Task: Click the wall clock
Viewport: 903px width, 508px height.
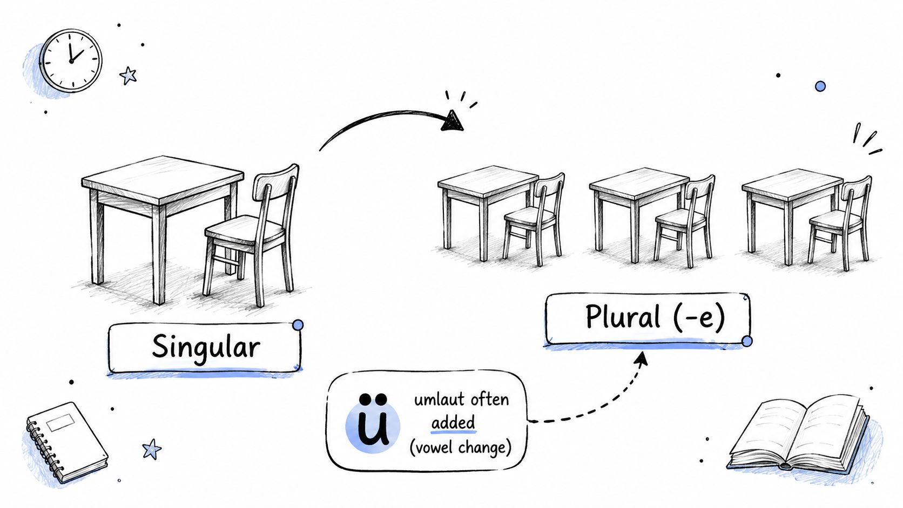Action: click(71, 60)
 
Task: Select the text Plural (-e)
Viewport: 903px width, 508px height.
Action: click(655, 317)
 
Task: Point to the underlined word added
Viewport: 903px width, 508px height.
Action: click(453, 423)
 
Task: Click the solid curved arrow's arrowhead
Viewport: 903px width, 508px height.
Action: click(452, 121)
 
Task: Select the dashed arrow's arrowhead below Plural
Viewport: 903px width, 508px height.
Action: click(642, 358)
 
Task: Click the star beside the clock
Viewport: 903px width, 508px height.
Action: click(128, 76)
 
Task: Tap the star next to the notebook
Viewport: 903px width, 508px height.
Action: click(152, 449)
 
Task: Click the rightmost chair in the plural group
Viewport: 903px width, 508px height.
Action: click(840, 223)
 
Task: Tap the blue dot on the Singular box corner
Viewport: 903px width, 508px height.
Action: click(298, 325)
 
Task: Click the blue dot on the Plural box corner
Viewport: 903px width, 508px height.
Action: click(747, 341)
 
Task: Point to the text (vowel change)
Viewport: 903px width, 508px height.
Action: click(460, 448)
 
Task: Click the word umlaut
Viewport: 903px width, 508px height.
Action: click(438, 399)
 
